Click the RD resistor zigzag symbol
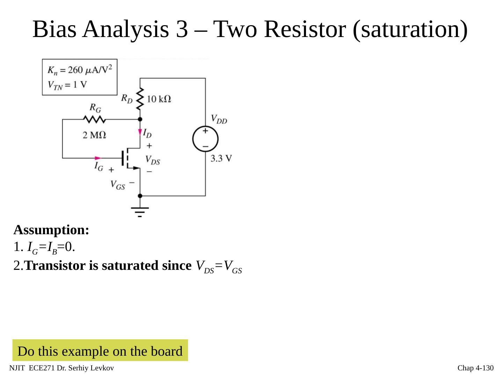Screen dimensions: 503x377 tap(140, 98)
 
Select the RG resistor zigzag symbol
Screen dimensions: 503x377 tap(94, 119)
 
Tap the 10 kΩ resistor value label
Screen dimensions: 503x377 tap(159, 99)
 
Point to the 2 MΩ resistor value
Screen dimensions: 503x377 tap(94, 135)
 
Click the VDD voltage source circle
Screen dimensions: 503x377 tap(205, 139)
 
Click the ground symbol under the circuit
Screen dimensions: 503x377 tap(140, 211)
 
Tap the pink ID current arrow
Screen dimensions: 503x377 tap(140, 132)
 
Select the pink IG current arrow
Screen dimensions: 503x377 tap(97, 158)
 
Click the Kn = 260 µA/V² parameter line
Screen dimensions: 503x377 tap(80, 70)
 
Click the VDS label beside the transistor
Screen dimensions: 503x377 tap(153, 161)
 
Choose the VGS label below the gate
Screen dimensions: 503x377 tap(118, 185)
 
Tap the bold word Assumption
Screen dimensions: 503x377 tap(51, 230)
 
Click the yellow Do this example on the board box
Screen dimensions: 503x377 tap(100, 351)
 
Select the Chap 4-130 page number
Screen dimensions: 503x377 tap(475, 368)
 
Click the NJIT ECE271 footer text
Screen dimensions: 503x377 tap(61, 368)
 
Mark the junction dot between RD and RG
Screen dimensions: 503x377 tap(140, 119)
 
